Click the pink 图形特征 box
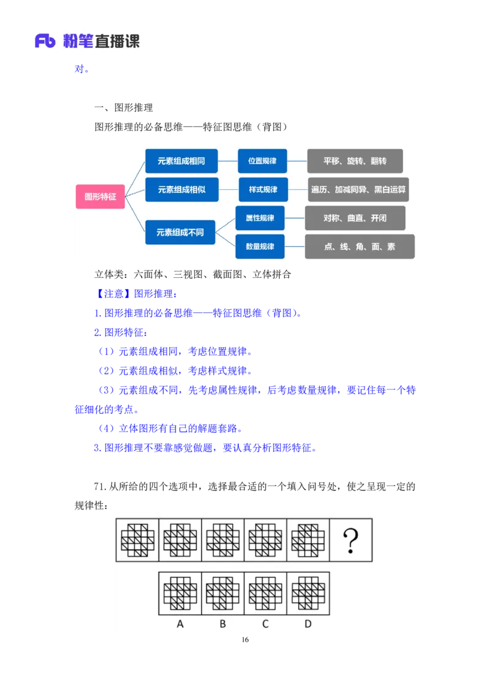click(x=100, y=197)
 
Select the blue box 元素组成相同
click(x=181, y=161)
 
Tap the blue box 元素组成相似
click(x=181, y=190)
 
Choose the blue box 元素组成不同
click(x=180, y=233)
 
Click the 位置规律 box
click(x=262, y=161)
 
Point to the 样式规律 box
click(x=263, y=190)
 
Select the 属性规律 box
click(x=260, y=218)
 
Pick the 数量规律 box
click(x=260, y=246)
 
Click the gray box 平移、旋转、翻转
click(x=355, y=161)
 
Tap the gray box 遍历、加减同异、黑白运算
click(x=358, y=190)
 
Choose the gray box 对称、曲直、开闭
click(x=355, y=218)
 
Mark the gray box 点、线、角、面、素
click(x=360, y=246)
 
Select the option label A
click(x=180, y=624)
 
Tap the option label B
click(x=223, y=624)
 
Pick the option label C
click(x=265, y=624)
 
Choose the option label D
click(x=308, y=624)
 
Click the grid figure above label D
click(x=308, y=593)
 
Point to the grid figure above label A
click(x=180, y=593)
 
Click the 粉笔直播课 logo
click(x=86, y=42)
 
